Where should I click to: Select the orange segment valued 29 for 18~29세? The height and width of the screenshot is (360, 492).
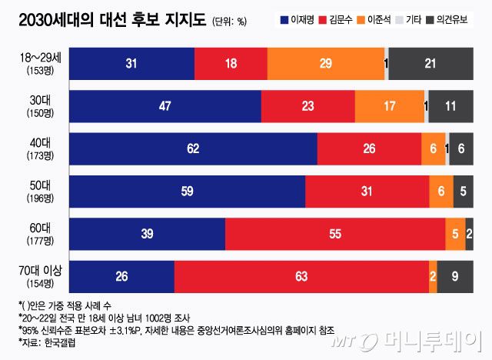(x=325, y=63)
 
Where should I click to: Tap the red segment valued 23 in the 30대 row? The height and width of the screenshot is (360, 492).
(x=308, y=106)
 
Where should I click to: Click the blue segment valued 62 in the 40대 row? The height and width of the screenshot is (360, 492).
(x=193, y=148)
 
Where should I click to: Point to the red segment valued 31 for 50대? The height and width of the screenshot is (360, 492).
(x=367, y=192)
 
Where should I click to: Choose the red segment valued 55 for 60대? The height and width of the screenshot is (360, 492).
(x=334, y=234)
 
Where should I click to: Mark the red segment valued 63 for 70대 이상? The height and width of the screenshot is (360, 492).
(x=301, y=276)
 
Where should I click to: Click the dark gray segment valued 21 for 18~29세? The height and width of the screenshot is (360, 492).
(x=430, y=63)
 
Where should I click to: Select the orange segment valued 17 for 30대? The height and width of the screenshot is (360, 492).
(x=389, y=106)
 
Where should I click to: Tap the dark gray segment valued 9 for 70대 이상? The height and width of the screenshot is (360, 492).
(x=454, y=276)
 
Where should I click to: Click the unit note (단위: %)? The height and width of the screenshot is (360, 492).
(x=228, y=22)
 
